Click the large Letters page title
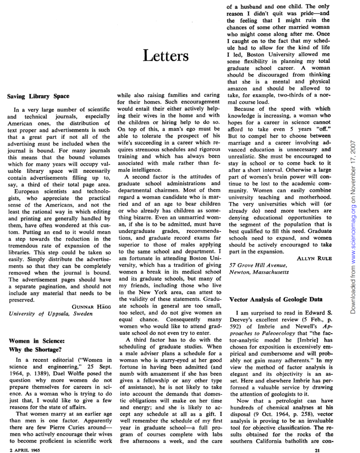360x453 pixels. point(166,56)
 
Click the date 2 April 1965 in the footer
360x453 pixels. point(23,450)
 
